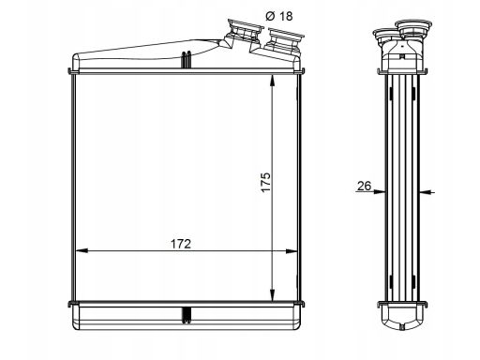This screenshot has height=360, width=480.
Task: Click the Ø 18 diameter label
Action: point(279,16)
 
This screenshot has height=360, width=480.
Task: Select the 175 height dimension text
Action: point(266,182)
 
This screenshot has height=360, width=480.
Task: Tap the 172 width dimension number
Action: point(181,244)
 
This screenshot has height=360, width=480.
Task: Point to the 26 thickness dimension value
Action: point(364,186)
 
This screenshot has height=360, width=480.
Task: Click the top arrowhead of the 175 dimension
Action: point(273,81)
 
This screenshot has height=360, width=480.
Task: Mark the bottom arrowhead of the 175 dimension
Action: point(273,295)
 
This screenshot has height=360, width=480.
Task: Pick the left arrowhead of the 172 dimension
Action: point(82,250)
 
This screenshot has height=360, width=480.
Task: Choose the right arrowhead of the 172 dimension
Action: point(291,250)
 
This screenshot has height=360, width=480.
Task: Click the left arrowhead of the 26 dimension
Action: point(380,191)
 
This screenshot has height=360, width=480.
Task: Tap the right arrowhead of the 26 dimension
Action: point(425,192)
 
